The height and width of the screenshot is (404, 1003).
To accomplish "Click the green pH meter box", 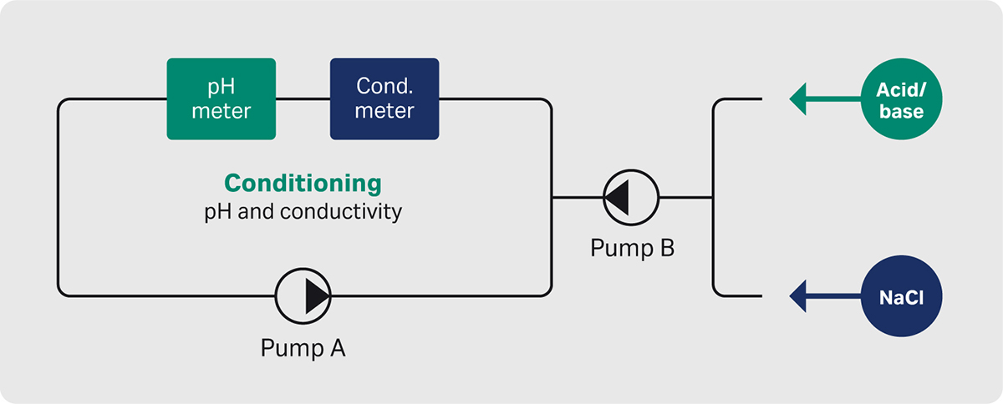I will pos(221,98).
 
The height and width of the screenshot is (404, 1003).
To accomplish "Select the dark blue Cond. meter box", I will pos(384,98).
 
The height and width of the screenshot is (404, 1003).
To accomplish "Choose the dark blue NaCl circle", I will pos(901,295).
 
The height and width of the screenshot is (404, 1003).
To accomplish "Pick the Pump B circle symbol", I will pos(631,198).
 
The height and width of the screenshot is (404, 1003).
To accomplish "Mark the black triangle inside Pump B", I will pos(618,198).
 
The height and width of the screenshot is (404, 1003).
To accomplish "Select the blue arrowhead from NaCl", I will pos(799,295).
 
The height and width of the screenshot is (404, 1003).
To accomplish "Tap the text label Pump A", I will pos(303,347).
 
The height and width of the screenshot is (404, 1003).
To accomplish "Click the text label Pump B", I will pos(632,248).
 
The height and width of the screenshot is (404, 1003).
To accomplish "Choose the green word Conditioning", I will pos(303,183).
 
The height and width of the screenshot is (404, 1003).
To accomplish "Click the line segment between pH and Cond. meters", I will pos(303,100).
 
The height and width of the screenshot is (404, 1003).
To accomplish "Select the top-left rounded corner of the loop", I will pos(62,104).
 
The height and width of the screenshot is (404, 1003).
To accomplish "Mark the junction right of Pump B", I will pos(713,198).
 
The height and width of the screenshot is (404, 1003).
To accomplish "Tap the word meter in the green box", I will pos(221,111).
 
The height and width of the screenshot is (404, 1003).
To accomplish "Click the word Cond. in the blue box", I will pos(384,86).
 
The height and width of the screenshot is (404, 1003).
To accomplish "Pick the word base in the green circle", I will pos(901,112).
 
